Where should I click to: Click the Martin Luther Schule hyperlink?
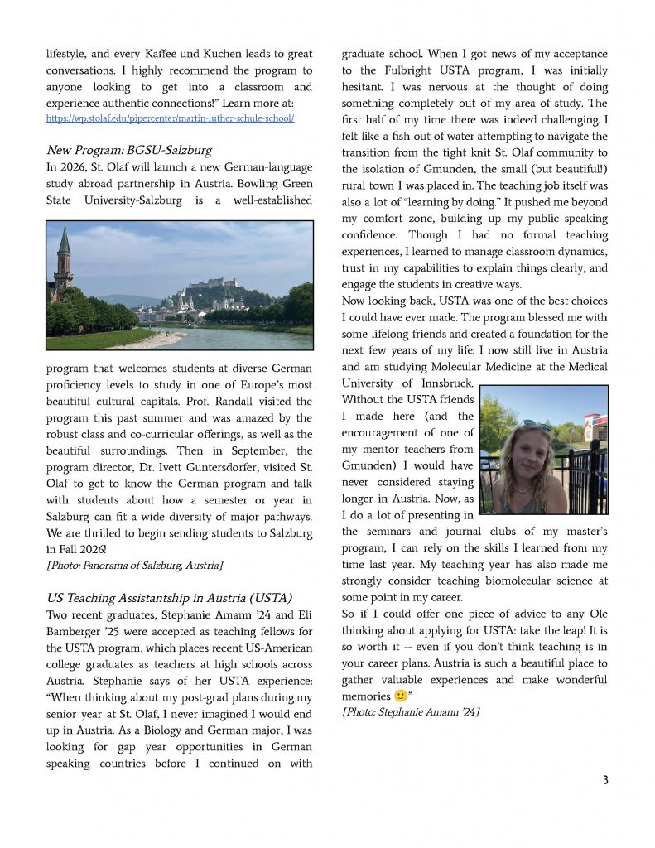[170, 119]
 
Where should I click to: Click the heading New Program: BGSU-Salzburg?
[129, 151]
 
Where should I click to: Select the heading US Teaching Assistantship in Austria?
[169, 598]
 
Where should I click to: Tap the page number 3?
[605, 780]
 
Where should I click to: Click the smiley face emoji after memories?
[399, 696]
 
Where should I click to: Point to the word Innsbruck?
[445, 383]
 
